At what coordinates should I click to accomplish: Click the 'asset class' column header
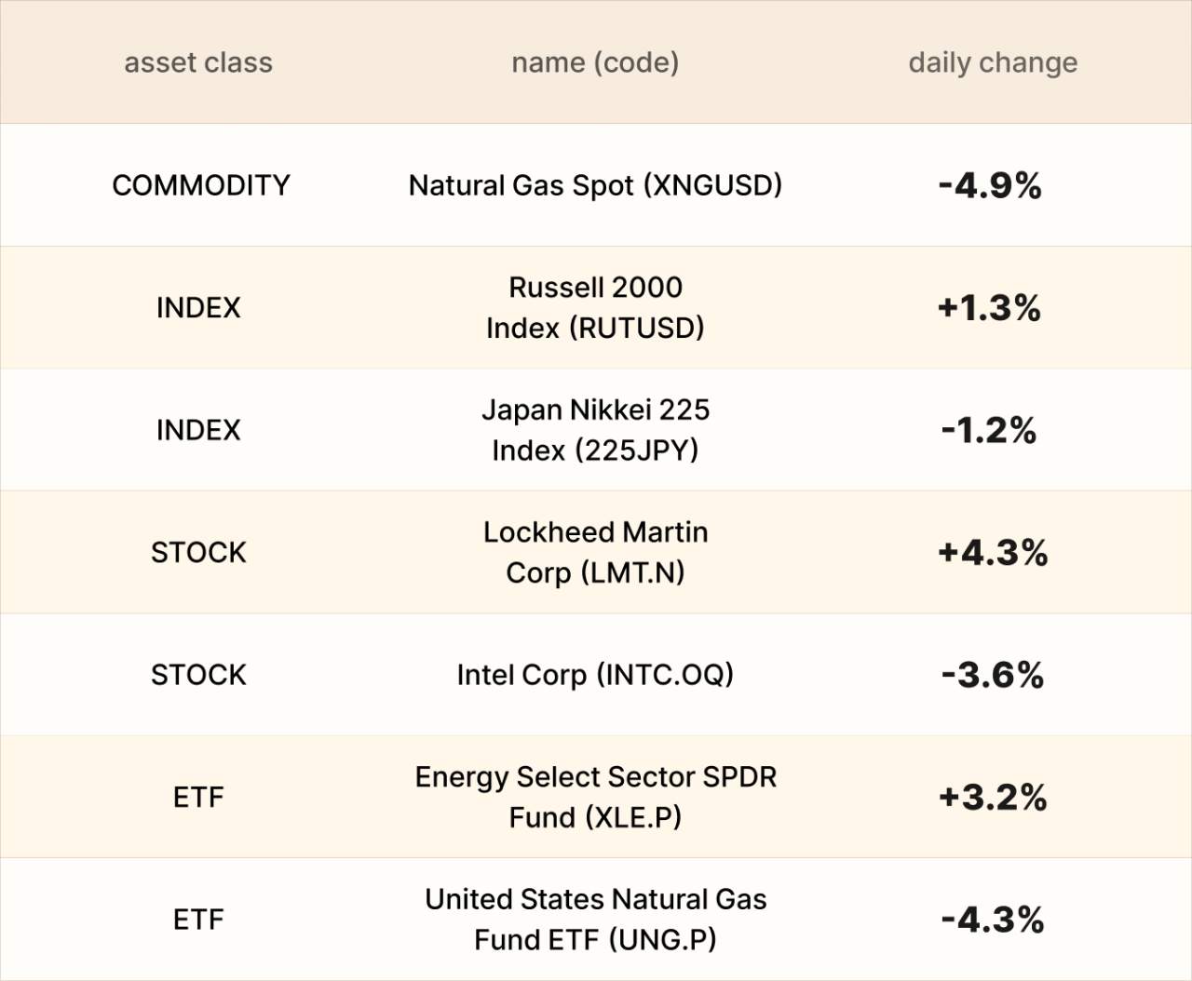point(198,62)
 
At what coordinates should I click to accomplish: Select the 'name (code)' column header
point(595,62)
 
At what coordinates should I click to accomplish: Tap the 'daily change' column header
point(993,62)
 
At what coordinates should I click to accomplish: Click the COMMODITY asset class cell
point(200,185)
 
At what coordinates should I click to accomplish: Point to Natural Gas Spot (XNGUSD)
point(595,185)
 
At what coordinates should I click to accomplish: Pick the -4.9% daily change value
point(990,185)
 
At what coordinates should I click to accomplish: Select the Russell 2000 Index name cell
point(595,307)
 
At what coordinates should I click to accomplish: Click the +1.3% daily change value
point(989,307)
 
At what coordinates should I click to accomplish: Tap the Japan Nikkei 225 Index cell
point(595,430)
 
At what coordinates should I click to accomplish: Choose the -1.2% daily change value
point(989,430)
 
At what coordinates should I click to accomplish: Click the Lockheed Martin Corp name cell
point(595,552)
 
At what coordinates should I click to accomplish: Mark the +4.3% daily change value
point(993,552)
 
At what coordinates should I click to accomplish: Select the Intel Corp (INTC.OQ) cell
point(595,675)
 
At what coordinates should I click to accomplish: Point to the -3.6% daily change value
point(993,675)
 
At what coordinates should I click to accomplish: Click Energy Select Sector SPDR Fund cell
point(595,797)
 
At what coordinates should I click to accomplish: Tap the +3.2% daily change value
point(993,797)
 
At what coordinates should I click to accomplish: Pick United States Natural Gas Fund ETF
point(595,919)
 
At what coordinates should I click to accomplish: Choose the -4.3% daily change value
point(993,920)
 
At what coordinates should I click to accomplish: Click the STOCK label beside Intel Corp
point(198,675)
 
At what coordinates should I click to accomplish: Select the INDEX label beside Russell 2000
point(198,307)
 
